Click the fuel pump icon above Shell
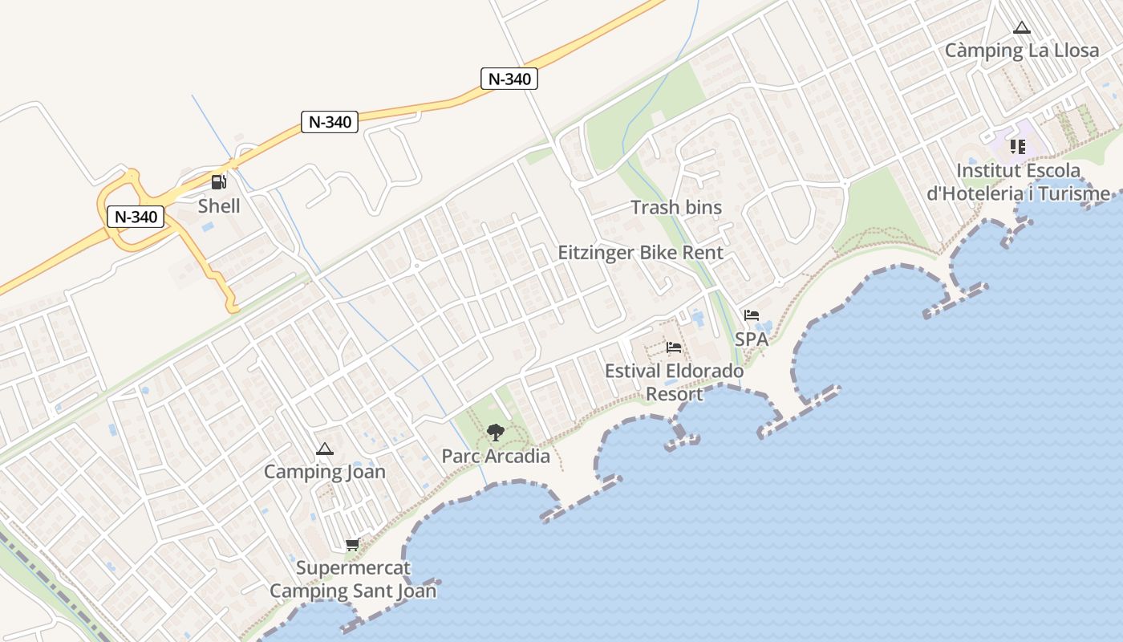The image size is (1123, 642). [219, 182]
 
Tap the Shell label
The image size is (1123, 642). [219, 205]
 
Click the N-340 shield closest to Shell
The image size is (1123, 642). [136, 216]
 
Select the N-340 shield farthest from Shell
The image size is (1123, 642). [509, 79]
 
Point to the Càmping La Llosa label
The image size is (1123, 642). [1021, 51]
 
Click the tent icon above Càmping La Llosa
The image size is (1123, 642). [1021, 28]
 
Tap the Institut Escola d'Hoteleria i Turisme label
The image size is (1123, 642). [1019, 182]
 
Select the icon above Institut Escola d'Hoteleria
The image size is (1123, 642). [1017, 146]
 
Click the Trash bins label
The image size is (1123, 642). [676, 207]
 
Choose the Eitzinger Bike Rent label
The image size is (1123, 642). [641, 253]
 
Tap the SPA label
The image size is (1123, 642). [752, 339]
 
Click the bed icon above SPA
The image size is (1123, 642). [752, 315]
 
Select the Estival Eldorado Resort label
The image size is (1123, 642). [674, 383]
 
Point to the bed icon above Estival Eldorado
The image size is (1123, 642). [674, 347]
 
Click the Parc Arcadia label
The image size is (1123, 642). [496, 457]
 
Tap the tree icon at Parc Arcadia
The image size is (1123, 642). [496, 433]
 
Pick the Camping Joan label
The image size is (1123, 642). [325, 472]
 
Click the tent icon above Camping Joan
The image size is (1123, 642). [324, 449]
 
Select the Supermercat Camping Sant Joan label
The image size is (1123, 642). [353, 579]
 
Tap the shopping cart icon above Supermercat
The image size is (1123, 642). [352, 545]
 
